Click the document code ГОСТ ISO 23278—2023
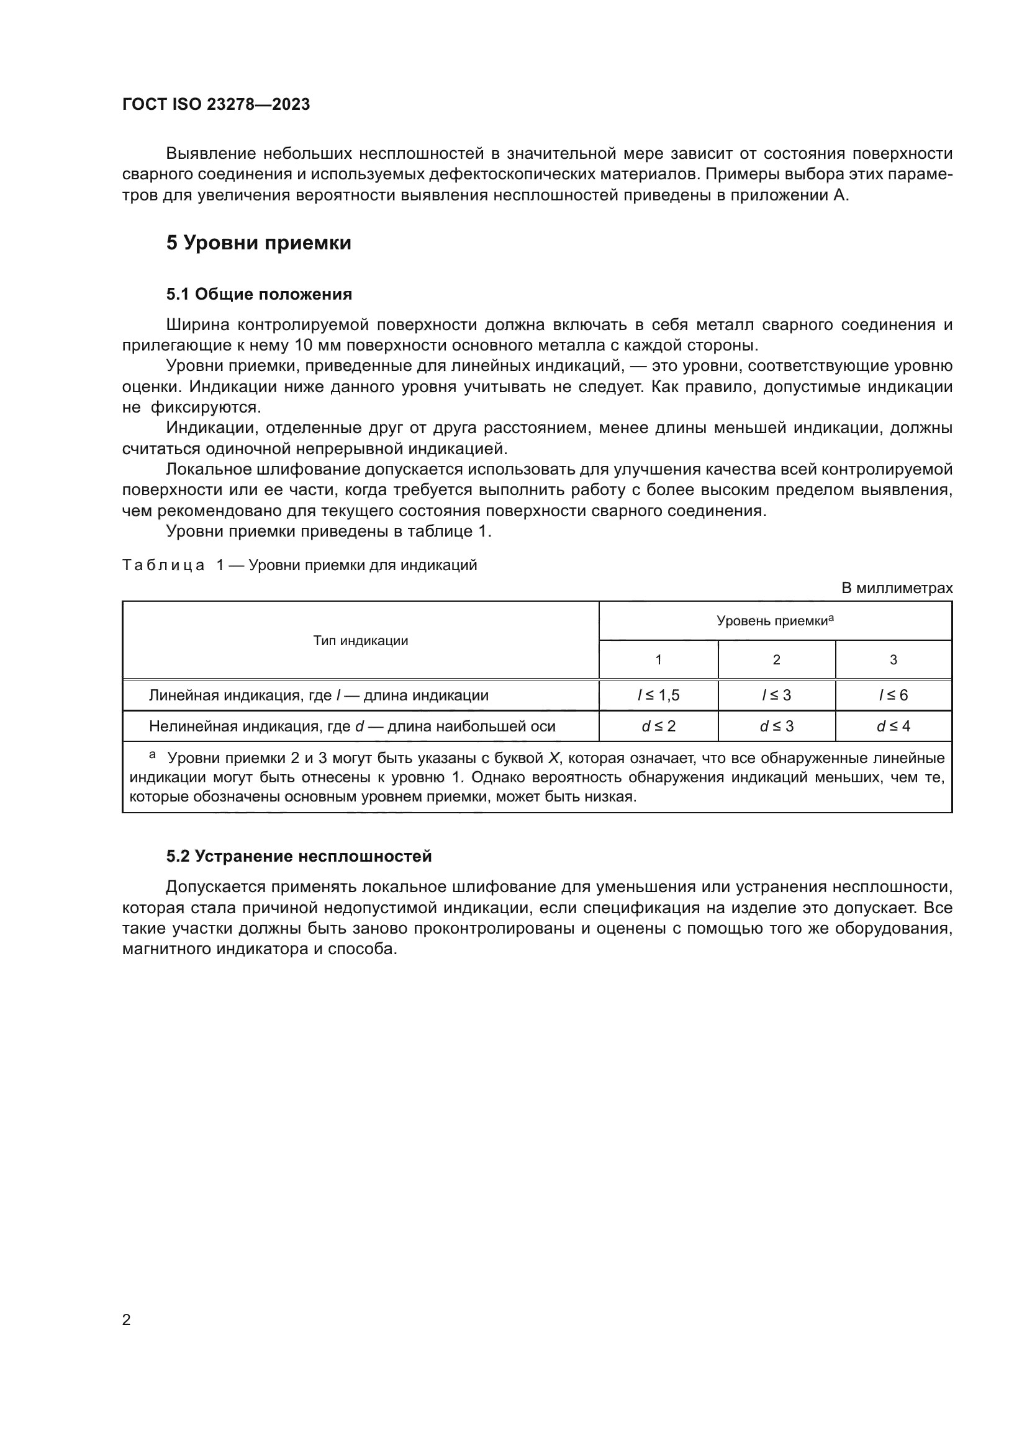215,104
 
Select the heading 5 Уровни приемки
258,243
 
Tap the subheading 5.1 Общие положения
259,294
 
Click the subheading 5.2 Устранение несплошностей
299,856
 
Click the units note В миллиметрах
896,587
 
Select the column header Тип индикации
361,641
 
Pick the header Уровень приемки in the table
775,620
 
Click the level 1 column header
658,660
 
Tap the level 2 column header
777,660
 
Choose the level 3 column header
893,660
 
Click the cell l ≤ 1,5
658,695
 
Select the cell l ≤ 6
893,695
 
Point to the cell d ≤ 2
658,726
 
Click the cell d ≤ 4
893,726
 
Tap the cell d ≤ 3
776,726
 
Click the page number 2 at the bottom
126,1319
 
